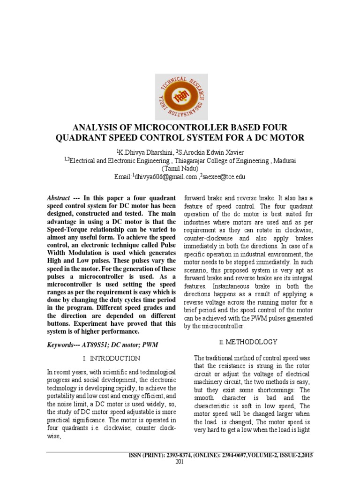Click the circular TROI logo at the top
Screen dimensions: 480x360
coord(181,97)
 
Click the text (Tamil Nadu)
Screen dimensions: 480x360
coord(180,168)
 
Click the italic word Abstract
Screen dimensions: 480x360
coord(59,198)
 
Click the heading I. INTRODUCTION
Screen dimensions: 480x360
coord(111,359)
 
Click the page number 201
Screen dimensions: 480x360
coord(180,462)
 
